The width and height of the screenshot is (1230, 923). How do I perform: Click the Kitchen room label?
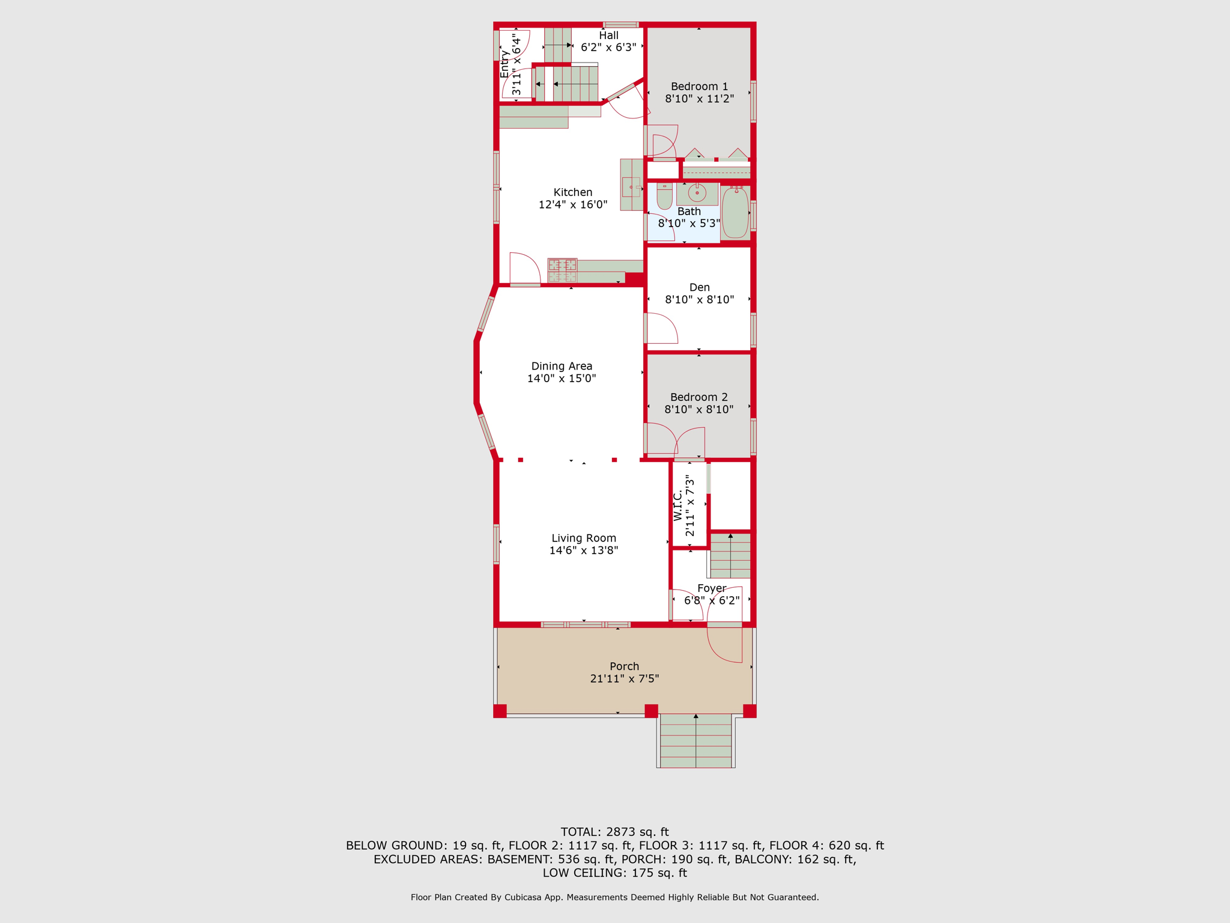point(572,192)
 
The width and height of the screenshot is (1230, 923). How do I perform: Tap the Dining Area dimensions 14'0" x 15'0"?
point(562,379)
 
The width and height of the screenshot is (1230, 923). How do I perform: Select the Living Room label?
point(584,538)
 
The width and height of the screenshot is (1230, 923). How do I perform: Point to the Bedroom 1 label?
point(699,87)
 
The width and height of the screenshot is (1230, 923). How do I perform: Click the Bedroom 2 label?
point(698,397)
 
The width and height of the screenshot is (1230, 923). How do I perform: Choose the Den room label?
point(699,287)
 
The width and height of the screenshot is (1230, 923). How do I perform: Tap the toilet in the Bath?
point(664,196)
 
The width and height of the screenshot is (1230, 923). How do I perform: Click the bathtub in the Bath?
point(735,212)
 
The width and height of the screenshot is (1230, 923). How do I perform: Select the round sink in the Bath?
point(697,193)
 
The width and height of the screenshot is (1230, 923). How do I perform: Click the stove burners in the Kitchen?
point(562,270)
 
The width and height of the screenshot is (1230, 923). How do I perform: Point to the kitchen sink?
point(631,187)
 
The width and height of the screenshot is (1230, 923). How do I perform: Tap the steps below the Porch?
point(695,740)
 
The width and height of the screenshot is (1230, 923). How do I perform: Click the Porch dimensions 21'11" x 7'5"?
point(624,679)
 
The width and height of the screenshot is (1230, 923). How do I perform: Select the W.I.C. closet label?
point(677,505)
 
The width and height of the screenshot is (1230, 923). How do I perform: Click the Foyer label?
point(712,588)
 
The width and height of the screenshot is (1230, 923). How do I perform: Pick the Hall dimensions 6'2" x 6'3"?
point(608,47)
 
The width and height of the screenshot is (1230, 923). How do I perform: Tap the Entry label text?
point(504,64)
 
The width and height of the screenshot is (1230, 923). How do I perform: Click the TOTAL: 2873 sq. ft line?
point(614,832)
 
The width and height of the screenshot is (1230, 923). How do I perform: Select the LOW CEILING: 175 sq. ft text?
point(614,873)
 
